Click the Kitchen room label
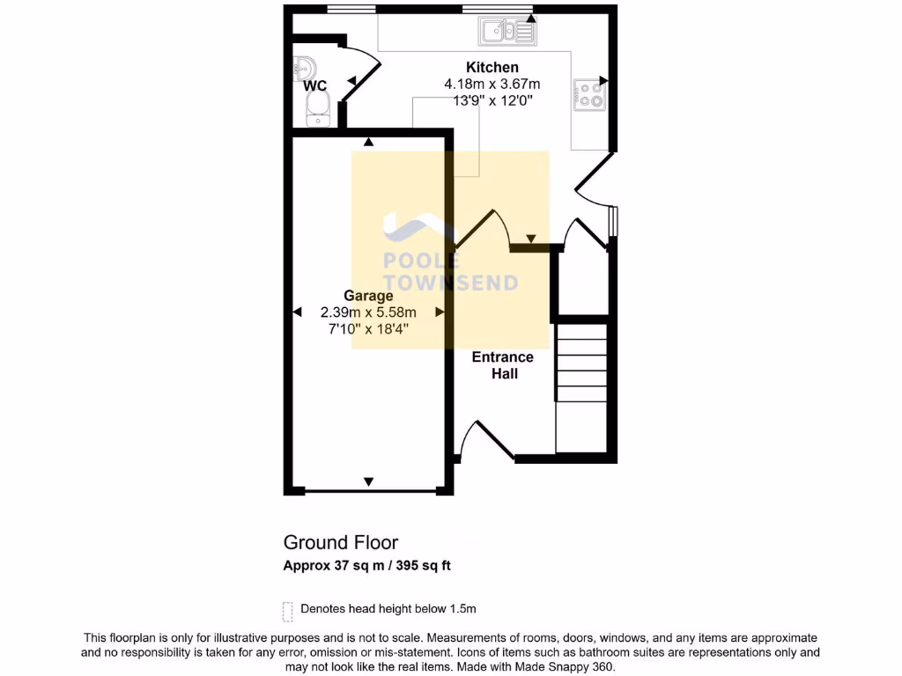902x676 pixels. [492, 68]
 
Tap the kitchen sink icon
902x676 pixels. [506, 33]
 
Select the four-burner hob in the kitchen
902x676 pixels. [590, 95]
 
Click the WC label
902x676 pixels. [314, 86]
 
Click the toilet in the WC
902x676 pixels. [316, 109]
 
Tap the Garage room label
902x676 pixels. [368, 296]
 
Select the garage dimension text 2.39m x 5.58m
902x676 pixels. [368, 312]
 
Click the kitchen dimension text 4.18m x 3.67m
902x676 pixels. [492, 84]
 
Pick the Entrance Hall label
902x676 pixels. [503, 365]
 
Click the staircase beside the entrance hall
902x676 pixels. [581, 387]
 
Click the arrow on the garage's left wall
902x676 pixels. [297, 312]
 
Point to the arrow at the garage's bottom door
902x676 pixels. [368, 481]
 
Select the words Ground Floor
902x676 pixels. [340, 542]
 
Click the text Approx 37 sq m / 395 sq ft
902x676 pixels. [366, 566]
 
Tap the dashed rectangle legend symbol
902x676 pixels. [287, 611]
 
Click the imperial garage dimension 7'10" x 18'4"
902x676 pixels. [368, 329]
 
